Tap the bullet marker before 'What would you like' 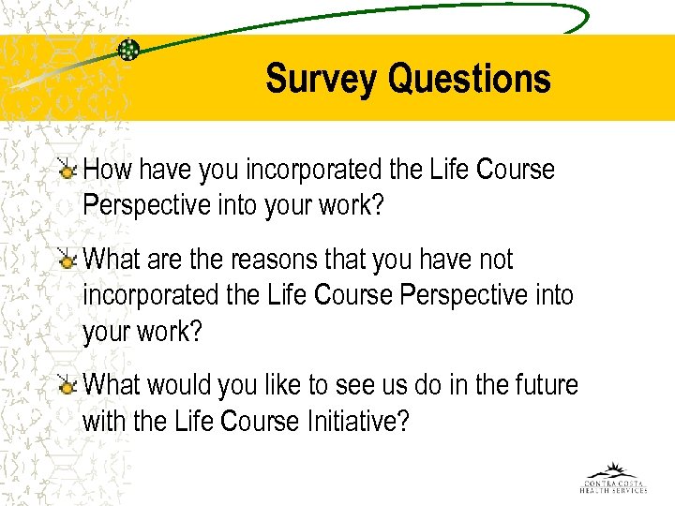pyautogui.click(x=67, y=385)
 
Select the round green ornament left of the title pyautogui.click(x=129, y=49)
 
